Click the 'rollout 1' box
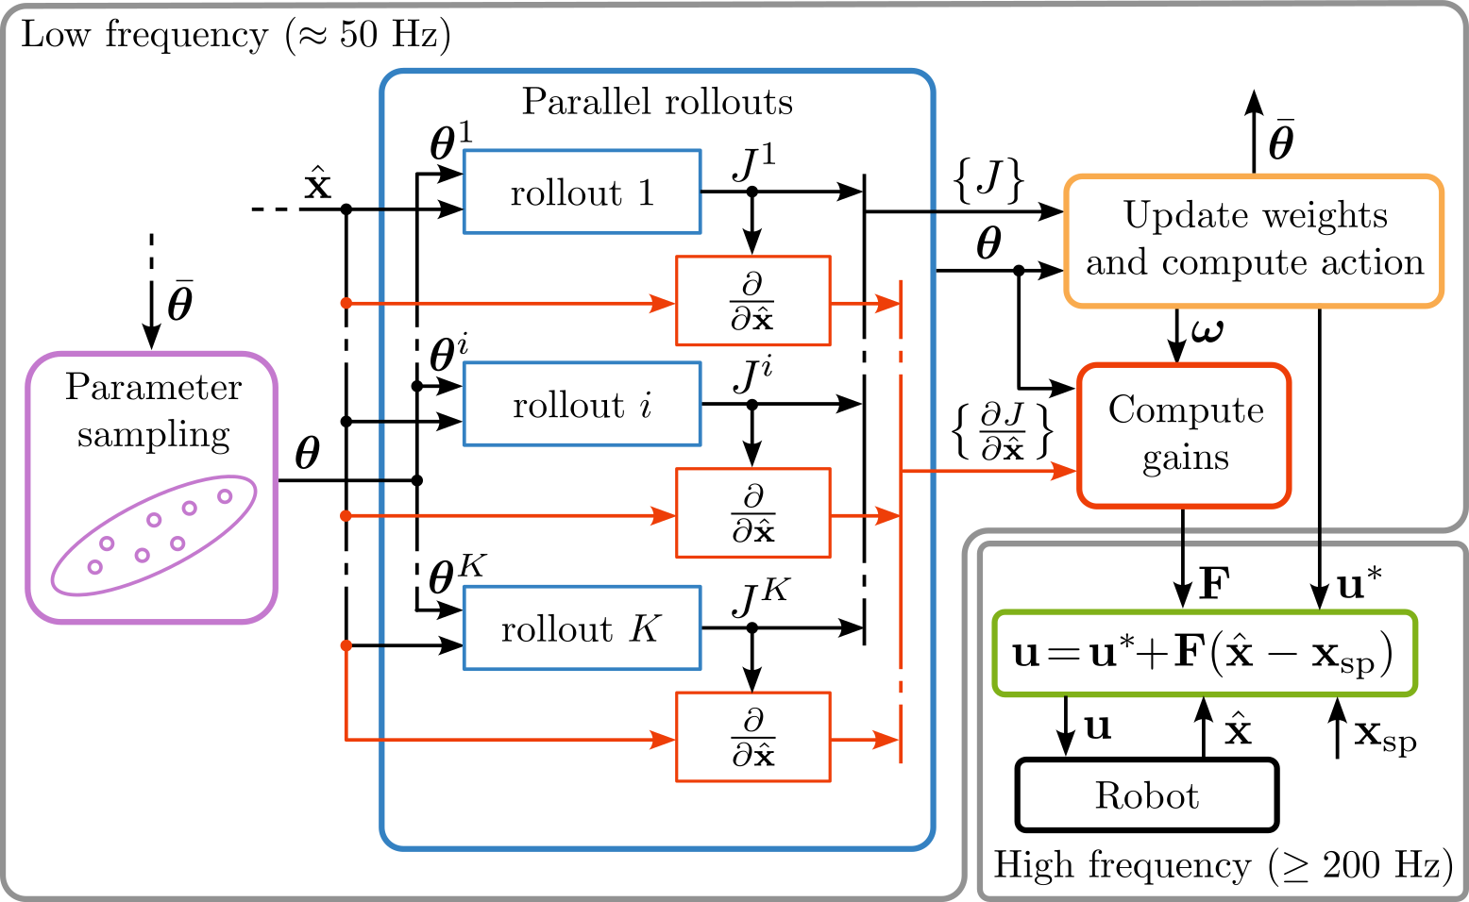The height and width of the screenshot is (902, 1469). pyautogui.click(x=582, y=192)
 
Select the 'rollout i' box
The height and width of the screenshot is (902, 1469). pyautogui.click(x=582, y=404)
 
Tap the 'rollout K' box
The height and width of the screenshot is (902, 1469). pyautogui.click(x=582, y=628)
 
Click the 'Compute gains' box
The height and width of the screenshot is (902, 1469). pyautogui.click(x=1184, y=435)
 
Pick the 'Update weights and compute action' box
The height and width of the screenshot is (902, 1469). pyautogui.click(x=1254, y=241)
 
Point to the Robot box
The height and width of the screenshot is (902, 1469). pyautogui.click(x=1146, y=795)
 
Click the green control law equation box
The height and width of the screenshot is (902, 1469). pyautogui.click(x=1204, y=654)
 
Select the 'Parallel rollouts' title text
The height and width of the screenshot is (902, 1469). pyautogui.click(x=657, y=102)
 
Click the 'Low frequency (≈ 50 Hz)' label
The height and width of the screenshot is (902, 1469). pyautogui.click(x=236, y=36)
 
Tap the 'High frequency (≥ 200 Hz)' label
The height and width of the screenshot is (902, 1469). pyautogui.click(x=1223, y=865)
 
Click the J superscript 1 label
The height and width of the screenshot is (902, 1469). pyautogui.click(x=752, y=162)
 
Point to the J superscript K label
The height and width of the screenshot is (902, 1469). pyautogui.click(x=759, y=597)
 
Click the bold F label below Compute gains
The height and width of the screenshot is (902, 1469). pyautogui.click(x=1213, y=584)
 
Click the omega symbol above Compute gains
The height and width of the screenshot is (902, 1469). pyautogui.click(x=1207, y=331)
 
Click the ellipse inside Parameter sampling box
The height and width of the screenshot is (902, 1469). pyautogui.click(x=154, y=535)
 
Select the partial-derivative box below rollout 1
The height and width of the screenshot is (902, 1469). pyautogui.click(x=752, y=301)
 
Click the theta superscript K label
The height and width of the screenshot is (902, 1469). pyautogui.click(x=456, y=574)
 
